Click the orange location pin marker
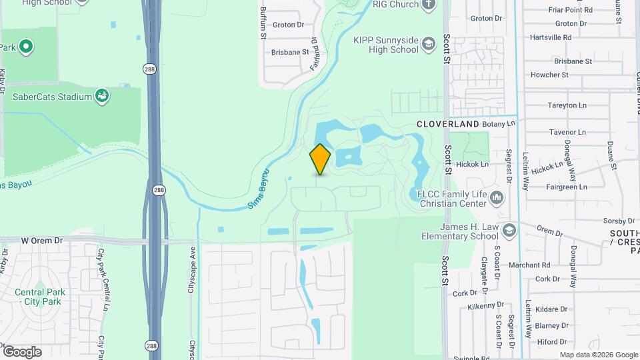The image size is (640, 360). tap(320, 159)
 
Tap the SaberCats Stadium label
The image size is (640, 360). tap(52, 97)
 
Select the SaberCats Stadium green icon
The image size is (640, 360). tap(102, 97)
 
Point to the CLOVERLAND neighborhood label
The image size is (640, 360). tap(448, 124)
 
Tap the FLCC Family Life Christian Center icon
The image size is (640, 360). tap(497, 197)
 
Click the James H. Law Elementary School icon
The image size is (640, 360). tap(509, 231)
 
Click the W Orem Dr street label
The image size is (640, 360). tap(41, 240)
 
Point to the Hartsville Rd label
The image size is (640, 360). tap(550, 37)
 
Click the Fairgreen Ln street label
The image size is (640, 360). tap(565, 187)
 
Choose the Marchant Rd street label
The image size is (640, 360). tap(529, 265)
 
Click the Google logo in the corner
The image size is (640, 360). tap(22, 351)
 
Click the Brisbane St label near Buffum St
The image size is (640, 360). tap(290, 51)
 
